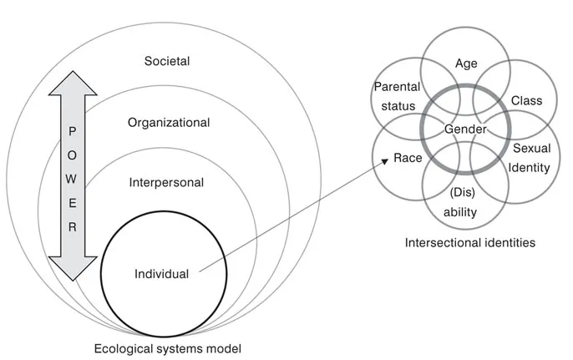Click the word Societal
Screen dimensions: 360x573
(167, 61)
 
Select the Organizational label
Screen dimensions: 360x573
(169, 123)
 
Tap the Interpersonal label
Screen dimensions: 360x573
(167, 181)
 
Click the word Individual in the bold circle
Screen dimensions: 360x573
(161, 273)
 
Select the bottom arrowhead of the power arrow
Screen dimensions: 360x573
(73, 266)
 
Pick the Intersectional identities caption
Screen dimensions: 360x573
(470, 243)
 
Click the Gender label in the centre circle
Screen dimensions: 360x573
(465, 129)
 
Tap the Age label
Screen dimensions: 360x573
(466, 63)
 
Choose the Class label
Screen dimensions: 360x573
(527, 100)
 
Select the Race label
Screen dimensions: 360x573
(408, 157)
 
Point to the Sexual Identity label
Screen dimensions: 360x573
(531, 158)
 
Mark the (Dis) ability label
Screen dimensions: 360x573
(460, 203)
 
